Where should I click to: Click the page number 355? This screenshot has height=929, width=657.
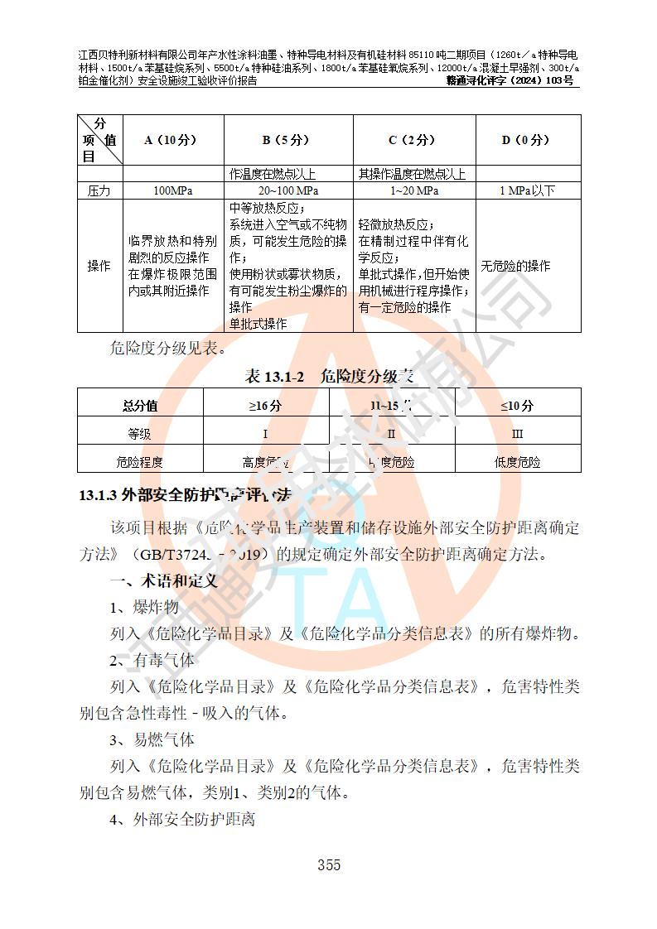point(328,865)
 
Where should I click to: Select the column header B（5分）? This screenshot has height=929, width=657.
point(288,140)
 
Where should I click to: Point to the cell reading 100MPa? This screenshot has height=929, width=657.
point(172,190)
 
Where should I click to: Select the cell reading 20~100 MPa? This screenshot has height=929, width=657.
point(288,190)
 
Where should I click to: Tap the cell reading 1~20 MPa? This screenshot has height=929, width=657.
point(414,190)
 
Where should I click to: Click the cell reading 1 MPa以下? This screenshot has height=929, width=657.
point(527,190)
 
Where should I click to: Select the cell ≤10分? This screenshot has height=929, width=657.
point(517,406)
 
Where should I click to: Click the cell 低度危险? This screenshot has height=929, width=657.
point(517,462)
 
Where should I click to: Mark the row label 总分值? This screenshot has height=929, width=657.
point(140,406)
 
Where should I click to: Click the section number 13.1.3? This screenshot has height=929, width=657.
point(98,495)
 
